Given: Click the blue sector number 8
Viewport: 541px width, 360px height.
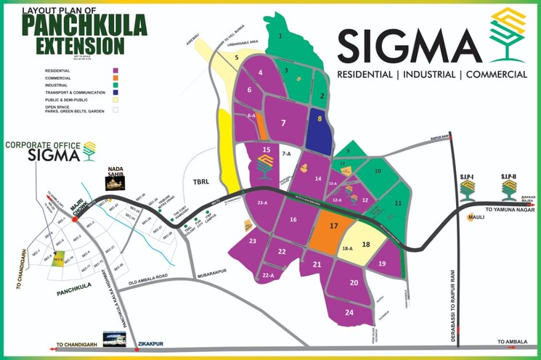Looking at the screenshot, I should coord(319,118).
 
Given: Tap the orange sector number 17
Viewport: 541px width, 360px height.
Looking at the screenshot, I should coord(334,226).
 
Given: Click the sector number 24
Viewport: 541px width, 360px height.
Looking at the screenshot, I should coord(349,312).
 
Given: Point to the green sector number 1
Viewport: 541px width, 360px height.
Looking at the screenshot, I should coord(280,35).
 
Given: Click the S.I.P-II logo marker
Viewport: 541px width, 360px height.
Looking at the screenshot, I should coord(511,190).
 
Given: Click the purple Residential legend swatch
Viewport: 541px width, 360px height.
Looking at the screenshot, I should coord(114,70).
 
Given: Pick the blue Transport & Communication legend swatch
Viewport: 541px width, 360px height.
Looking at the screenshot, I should coord(114,92).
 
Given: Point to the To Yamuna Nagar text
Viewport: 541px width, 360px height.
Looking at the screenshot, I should coord(513,209).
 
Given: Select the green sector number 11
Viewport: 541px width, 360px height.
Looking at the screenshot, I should coord(398,204).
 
